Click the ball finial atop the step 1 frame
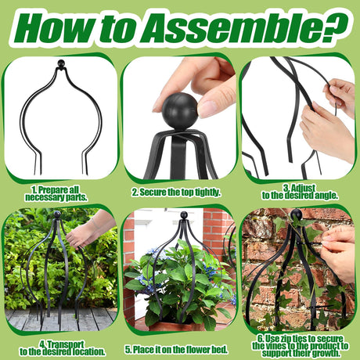[61, 63]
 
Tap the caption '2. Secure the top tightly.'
[176, 193]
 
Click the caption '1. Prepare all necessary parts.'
[56, 193]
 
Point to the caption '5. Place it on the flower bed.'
[176, 350]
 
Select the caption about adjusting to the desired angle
[300, 192]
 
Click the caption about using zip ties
[301, 346]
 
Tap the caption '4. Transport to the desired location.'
[63, 348]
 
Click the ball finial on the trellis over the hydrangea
[184, 215]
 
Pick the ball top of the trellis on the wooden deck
[57, 214]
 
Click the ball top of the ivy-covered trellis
[297, 214]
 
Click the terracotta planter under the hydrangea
[177, 326]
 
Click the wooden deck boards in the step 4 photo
[60, 320]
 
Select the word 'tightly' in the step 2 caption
[208, 193]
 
